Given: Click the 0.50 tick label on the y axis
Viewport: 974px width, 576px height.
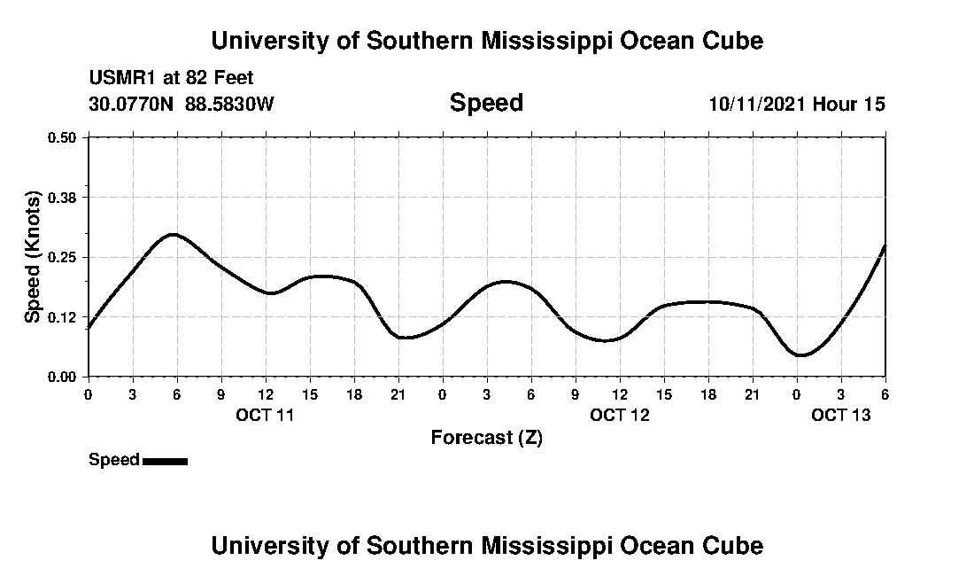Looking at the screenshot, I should click(x=63, y=137).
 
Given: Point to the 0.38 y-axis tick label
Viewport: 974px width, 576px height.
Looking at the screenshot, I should click(x=63, y=197).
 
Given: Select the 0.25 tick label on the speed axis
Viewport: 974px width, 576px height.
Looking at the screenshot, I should click(x=63, y=257).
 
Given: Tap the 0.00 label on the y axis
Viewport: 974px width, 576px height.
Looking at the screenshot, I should click(x=63, y=377).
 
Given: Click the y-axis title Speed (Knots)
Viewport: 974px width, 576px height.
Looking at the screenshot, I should click(x=33, y=257).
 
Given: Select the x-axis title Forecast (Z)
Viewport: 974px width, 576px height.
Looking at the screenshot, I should click(x=486, y=437).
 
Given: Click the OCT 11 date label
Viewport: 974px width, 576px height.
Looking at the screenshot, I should click(x=265, y=414).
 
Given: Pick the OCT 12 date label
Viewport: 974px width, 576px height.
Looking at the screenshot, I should click(x=619, y=414).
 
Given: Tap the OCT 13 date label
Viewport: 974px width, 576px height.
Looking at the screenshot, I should click(x=840, y=414).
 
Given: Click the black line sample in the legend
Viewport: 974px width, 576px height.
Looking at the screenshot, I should click(x=165, y=461).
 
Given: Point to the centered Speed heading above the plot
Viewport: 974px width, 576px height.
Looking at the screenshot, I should click(x=486, y=103).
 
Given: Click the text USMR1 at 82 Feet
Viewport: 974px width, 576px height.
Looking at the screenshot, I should click(x=171, y=78).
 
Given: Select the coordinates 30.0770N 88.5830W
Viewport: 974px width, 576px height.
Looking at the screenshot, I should click(x=182, y=104).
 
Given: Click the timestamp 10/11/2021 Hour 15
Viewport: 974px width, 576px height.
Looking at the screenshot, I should click(x=796, y=104).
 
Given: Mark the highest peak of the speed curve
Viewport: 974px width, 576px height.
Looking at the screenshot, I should click(x=174, y=235).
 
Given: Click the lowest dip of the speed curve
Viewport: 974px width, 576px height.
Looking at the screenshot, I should click(x=800, y=355).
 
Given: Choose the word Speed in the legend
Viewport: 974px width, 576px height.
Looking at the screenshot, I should click(x=114, y=460).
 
